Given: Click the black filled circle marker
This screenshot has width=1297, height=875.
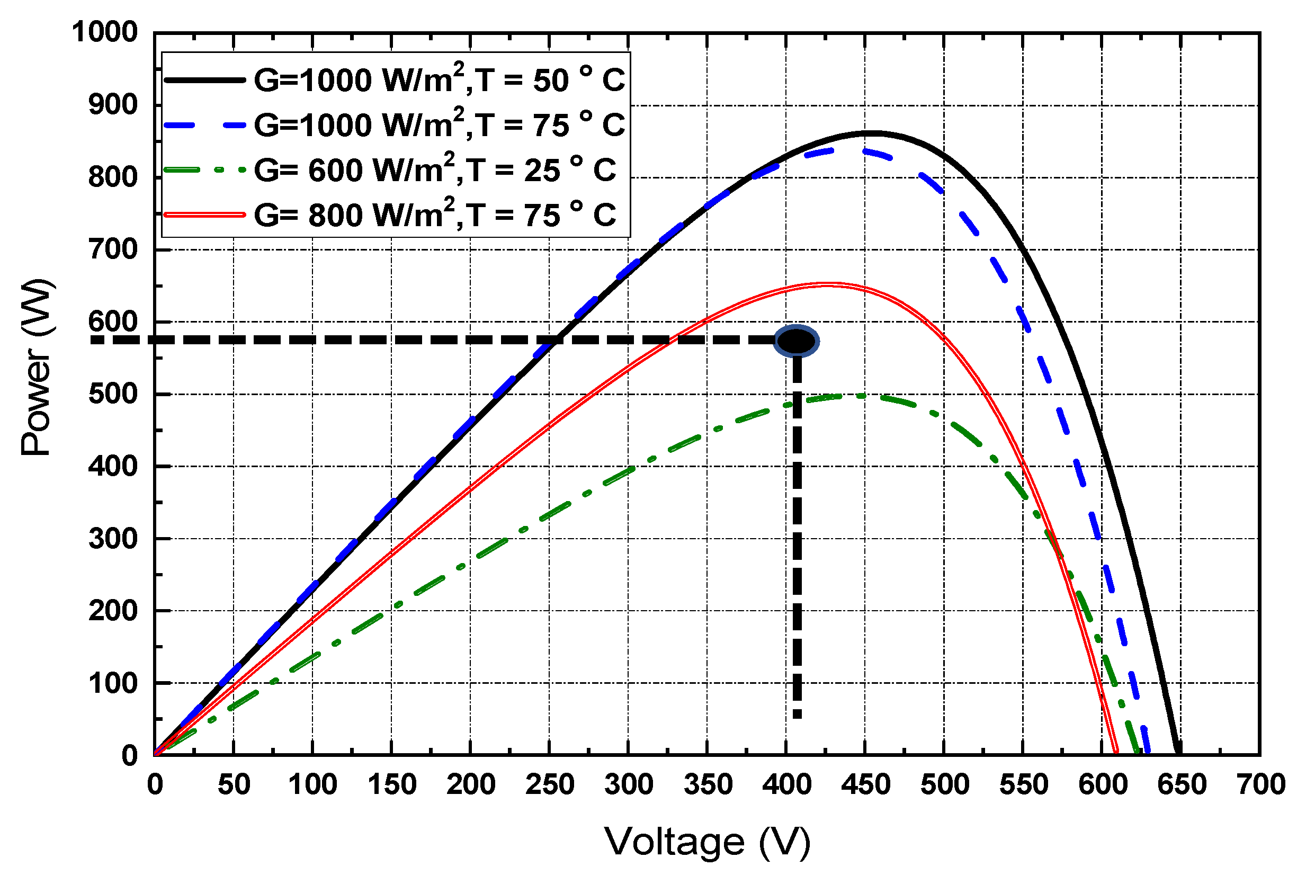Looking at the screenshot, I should click(796, 341).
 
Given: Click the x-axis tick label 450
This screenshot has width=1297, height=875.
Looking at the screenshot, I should click(865, 784).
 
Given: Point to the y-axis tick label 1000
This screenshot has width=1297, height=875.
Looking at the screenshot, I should click(104, 32).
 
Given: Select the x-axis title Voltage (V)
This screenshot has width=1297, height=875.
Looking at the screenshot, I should click(707, 841).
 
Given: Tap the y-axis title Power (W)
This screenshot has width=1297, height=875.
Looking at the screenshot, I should click(37, 367).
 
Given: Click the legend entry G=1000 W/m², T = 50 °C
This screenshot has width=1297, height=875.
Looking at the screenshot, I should click(439, 79).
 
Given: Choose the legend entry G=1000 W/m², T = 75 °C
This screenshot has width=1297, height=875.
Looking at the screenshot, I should click(439, 124).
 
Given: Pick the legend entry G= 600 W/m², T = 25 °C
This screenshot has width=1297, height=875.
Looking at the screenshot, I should click(435, 169).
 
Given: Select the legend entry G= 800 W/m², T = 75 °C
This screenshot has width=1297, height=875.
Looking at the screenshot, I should click(435, 215).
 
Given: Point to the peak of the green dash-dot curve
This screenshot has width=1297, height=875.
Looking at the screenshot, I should click(854, 396).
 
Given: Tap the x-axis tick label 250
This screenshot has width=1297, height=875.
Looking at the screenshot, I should click(550, 784).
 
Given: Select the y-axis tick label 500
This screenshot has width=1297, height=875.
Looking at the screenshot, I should click(113, 394).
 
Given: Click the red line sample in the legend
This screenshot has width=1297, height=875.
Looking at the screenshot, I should click(205, 215).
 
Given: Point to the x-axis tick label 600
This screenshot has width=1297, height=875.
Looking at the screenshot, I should click(1102, 784).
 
